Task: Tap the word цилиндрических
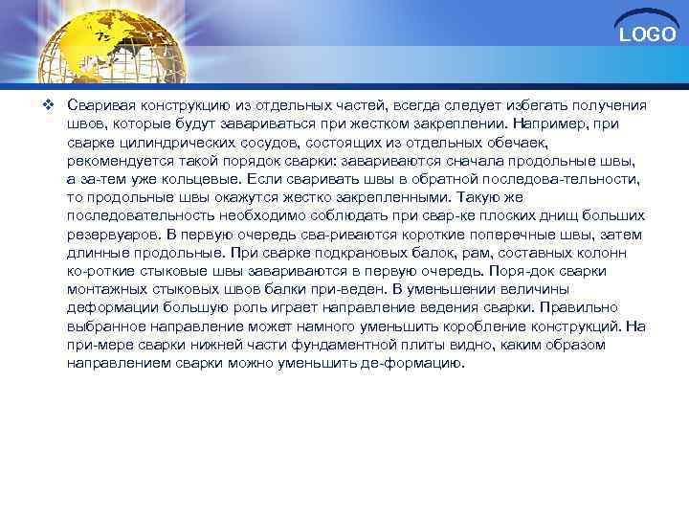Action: (167, 142)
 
